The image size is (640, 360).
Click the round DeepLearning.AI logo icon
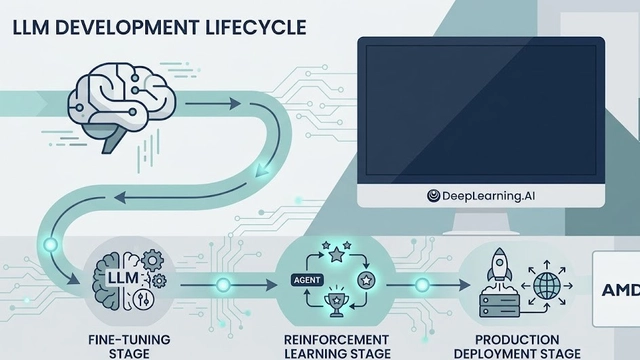(435, 197)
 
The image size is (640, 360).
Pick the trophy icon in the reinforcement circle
(337, 303)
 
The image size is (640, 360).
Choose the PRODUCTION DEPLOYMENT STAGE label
(519, 343)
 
